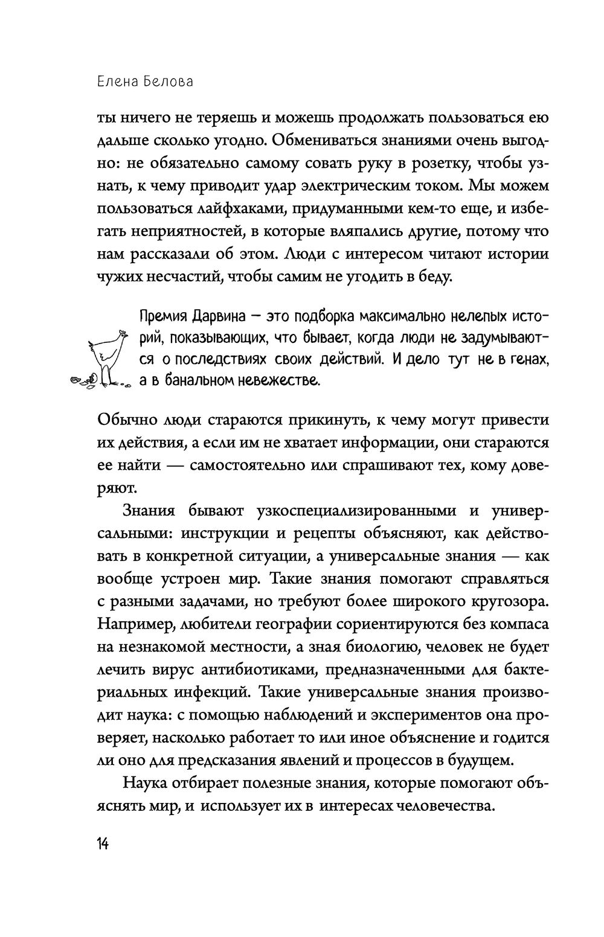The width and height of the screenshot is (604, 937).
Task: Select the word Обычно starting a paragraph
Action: [126, 420]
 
